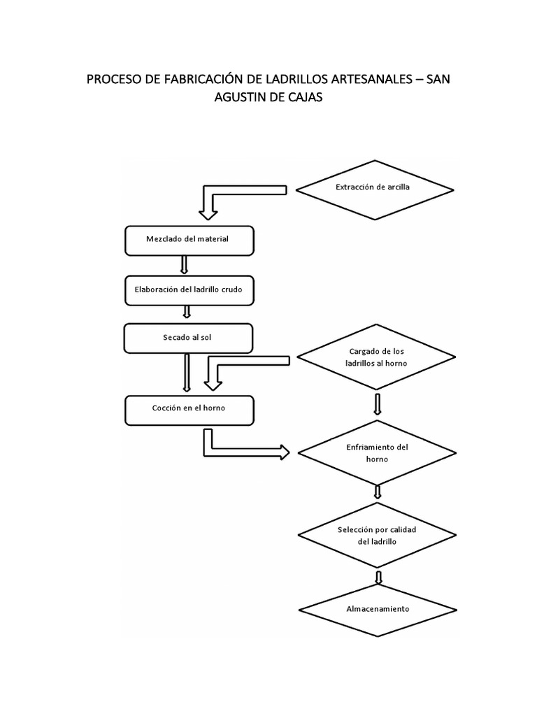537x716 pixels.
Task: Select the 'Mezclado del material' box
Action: click(x=189, y=240)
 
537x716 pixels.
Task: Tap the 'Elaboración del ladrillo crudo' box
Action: click(x=189, y=289)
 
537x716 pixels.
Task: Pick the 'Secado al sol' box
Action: click(x=187, y=338)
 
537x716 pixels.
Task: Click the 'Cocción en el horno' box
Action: click(x=189, y=409)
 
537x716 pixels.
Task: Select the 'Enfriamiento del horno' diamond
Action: click(x=378, y=452)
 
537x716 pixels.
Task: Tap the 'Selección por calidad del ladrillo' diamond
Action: click(x=378, y=536)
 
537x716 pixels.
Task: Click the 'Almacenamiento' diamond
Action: click(x=378, y=608)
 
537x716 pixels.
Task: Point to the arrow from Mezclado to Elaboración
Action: click(x=185, y=264)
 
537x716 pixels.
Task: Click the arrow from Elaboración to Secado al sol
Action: click(x=187, y=313)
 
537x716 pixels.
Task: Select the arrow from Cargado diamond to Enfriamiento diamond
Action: click(x=378, y=404)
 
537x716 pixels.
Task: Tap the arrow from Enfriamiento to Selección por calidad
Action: click(x=378, y=492)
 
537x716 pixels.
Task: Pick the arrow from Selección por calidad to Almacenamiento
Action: click(x=378, y=577)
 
